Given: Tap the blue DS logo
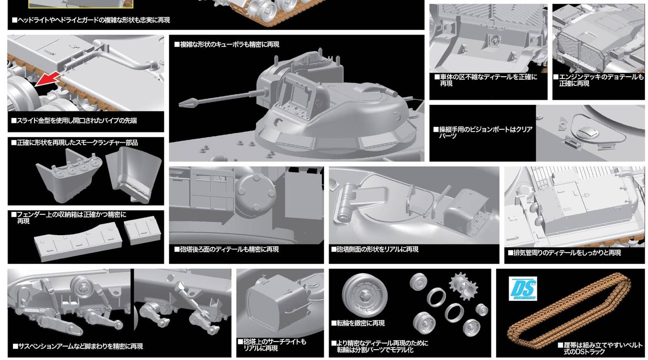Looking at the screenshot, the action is coord(523,289).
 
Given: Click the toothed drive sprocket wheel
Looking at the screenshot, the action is coord(463,286).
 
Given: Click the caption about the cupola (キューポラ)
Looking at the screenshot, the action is coord(226,45).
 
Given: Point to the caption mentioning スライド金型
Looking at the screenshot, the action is coord(74,120).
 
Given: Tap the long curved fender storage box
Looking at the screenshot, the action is coord(78,242).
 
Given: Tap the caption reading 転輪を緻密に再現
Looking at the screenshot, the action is coord(358,323).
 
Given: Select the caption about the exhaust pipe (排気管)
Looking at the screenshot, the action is coord(564,253).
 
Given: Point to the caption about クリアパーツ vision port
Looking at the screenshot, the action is coord(483,132).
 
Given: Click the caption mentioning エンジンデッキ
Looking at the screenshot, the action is coord(598,80).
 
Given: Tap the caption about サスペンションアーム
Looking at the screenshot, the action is coord(78,346).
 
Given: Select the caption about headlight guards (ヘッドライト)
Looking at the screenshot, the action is coord(91,20).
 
